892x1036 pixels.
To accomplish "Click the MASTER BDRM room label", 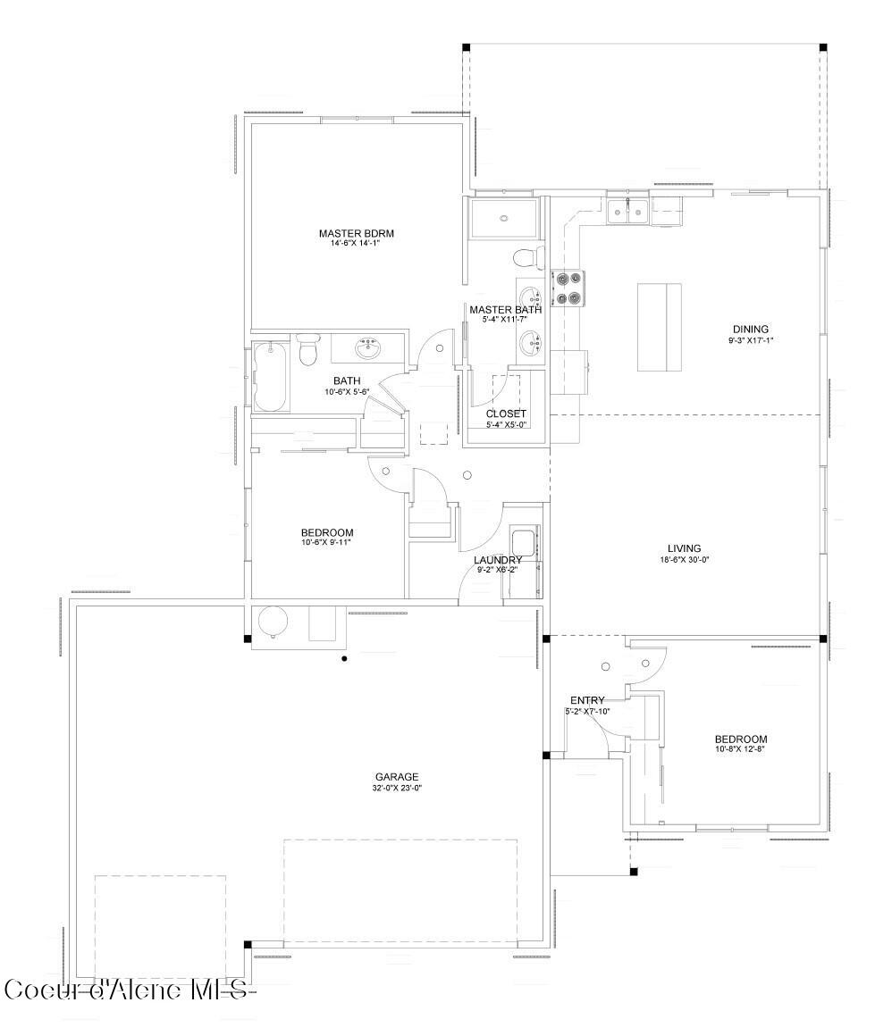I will (x=356, y=234).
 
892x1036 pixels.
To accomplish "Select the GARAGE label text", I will (x=397, y=777).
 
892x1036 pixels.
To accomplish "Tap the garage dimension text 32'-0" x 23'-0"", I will (x=397, y=788).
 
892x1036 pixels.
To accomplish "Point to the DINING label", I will (x=750, y=329).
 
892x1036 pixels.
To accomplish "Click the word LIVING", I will (x=684, y=548).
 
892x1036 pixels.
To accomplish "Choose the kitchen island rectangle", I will (x=659, y=327).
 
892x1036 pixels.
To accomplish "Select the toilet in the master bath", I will (x=528, y=257).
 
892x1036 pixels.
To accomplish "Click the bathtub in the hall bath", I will (x=271, y=377).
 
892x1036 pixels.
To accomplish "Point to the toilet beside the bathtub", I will (x=308, y=349).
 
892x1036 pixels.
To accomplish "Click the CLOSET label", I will (x=506, y=414).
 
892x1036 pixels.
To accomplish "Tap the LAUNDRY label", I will (x=498, y=560).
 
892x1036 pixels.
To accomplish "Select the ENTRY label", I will (x=587, y=700).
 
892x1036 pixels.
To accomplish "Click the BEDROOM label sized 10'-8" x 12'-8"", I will (x=740, y=739).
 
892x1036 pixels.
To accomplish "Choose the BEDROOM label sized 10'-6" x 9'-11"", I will (x=327, y=532).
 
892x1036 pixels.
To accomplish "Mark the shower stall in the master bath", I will (x=505, y=218).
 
